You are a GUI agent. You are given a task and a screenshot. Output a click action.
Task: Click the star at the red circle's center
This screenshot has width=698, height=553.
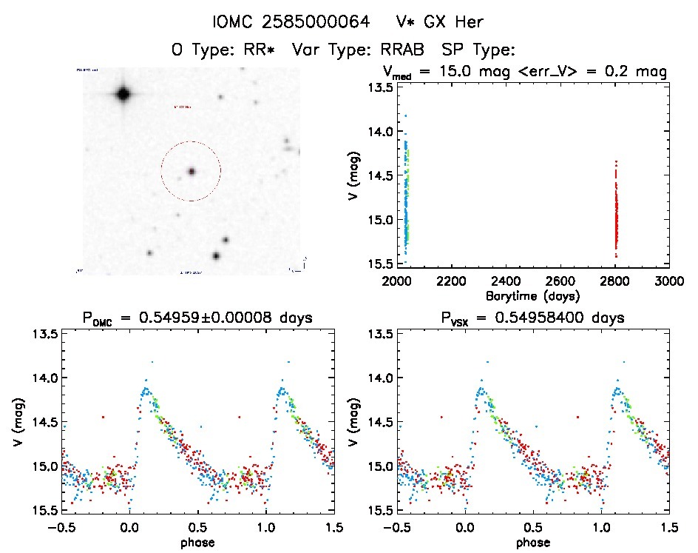click(191, 171)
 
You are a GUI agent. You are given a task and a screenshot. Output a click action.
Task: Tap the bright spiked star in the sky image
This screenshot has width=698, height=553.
click(123, 94)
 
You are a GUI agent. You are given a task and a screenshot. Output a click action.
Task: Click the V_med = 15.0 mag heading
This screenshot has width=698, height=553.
click(525, 72)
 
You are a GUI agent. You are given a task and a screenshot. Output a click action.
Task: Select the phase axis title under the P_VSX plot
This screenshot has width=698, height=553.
click(532, 542)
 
